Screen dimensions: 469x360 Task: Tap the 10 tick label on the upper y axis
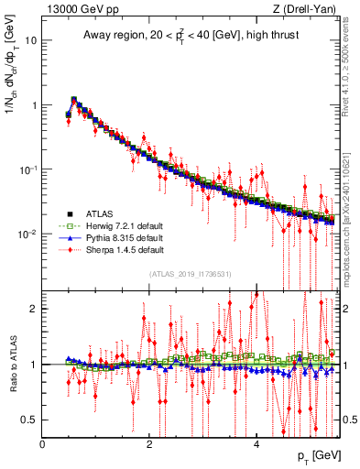click(31, 41)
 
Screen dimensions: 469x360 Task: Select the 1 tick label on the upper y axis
click(34, 105)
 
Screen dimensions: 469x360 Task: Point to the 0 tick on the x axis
click(43, 444)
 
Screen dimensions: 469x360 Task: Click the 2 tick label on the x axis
click(149, 444)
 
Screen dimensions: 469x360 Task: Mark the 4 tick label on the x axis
click(256, 444)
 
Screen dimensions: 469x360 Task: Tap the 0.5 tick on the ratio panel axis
click(29, 420)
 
